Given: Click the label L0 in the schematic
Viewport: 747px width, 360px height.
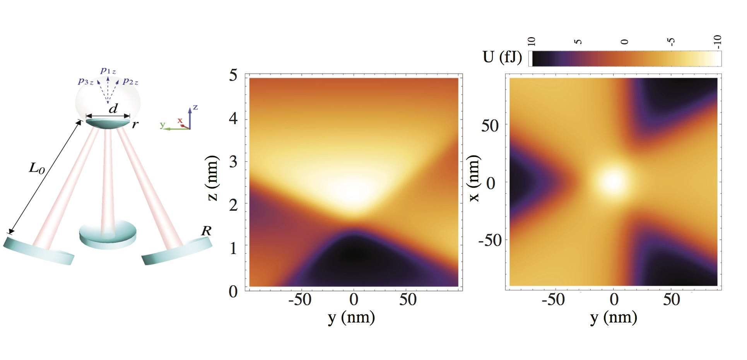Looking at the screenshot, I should pos(37,168).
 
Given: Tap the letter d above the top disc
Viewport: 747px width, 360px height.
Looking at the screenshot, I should pos(113,109).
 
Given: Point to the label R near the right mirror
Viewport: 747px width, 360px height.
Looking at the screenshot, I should pos(206,231).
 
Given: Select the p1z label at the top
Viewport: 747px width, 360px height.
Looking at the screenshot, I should pos(108,70).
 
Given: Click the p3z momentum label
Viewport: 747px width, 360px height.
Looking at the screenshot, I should pos(85,81).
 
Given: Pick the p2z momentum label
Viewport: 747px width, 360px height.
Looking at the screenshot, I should pos(130,81).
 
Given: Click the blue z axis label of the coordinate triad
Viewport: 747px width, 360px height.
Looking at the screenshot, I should pos(195,107).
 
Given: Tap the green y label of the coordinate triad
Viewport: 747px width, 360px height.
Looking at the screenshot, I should pos(162,125).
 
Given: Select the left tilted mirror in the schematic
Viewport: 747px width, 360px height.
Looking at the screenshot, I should pos(39,251).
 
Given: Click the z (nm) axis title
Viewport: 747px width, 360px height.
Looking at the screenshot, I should pos(212,178).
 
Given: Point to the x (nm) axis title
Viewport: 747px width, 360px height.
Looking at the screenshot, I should pos(474,178).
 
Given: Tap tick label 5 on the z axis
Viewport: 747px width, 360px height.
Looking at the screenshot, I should pos(233,75).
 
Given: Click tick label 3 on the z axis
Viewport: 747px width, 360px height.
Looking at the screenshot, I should pos(233,162).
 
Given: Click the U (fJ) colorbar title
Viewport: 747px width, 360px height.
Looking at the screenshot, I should pos(502,57).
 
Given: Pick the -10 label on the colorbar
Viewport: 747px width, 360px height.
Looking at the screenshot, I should pos(717,42).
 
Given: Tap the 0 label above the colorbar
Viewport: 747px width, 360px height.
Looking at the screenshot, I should pos(625,42).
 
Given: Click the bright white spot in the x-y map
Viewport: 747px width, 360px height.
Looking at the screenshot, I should pos(612,182).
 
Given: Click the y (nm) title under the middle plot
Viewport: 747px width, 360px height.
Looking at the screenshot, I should pos(351,317).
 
